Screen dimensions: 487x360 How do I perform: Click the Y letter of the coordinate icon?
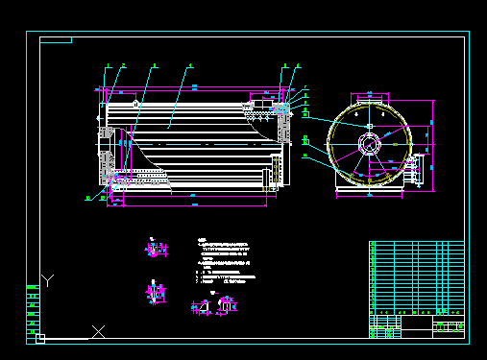tap(49, 279)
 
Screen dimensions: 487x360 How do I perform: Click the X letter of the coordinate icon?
tap(98, 331)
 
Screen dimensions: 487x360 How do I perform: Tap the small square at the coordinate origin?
tap(40, 338)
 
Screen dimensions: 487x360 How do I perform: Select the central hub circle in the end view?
tap(369, 144)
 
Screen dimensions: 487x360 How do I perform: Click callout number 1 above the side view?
tap(109, 65)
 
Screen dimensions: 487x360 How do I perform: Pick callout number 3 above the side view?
tap(154, 65)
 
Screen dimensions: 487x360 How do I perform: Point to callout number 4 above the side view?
tap(190, 65)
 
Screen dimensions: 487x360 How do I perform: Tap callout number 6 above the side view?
tap(298, 65)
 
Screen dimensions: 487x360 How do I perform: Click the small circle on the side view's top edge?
tap(136, 103)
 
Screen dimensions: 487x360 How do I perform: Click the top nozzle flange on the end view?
tap(370, 97)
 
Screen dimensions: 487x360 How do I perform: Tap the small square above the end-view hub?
tap(369, 126)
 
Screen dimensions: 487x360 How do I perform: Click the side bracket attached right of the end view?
tap(416, 173)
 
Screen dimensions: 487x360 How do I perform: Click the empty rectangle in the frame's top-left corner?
tap(57, 40)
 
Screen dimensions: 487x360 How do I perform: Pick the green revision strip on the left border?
tap(32, 307)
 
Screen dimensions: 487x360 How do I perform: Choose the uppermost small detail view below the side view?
tap(154, 251)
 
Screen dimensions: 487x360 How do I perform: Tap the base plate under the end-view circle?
tap(369, 191)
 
